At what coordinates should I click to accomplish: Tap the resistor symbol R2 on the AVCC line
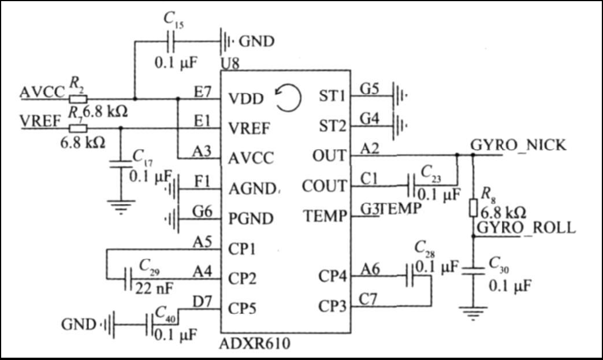[78, 99]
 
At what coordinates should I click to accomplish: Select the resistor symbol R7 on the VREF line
[78, 128]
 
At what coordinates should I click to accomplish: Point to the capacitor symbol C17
[120, 164]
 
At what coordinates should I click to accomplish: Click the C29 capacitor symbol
[129, 279]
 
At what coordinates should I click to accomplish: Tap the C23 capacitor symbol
[411, 186]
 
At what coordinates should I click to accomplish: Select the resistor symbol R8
[474, 208]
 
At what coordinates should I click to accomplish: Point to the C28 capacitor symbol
[410, 276]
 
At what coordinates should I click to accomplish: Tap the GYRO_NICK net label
[518, 146]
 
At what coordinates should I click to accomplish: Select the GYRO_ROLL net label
[526, 227]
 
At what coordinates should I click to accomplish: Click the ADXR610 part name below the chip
[255, 343]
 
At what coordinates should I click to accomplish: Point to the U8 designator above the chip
[230, 62]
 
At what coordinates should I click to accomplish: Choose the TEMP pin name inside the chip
[325, 216]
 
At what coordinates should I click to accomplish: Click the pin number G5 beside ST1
[369, 89]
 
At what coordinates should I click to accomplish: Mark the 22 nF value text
[154, 288]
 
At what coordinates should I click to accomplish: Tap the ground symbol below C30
[473, 313]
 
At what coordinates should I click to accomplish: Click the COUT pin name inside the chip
[324, 186]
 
